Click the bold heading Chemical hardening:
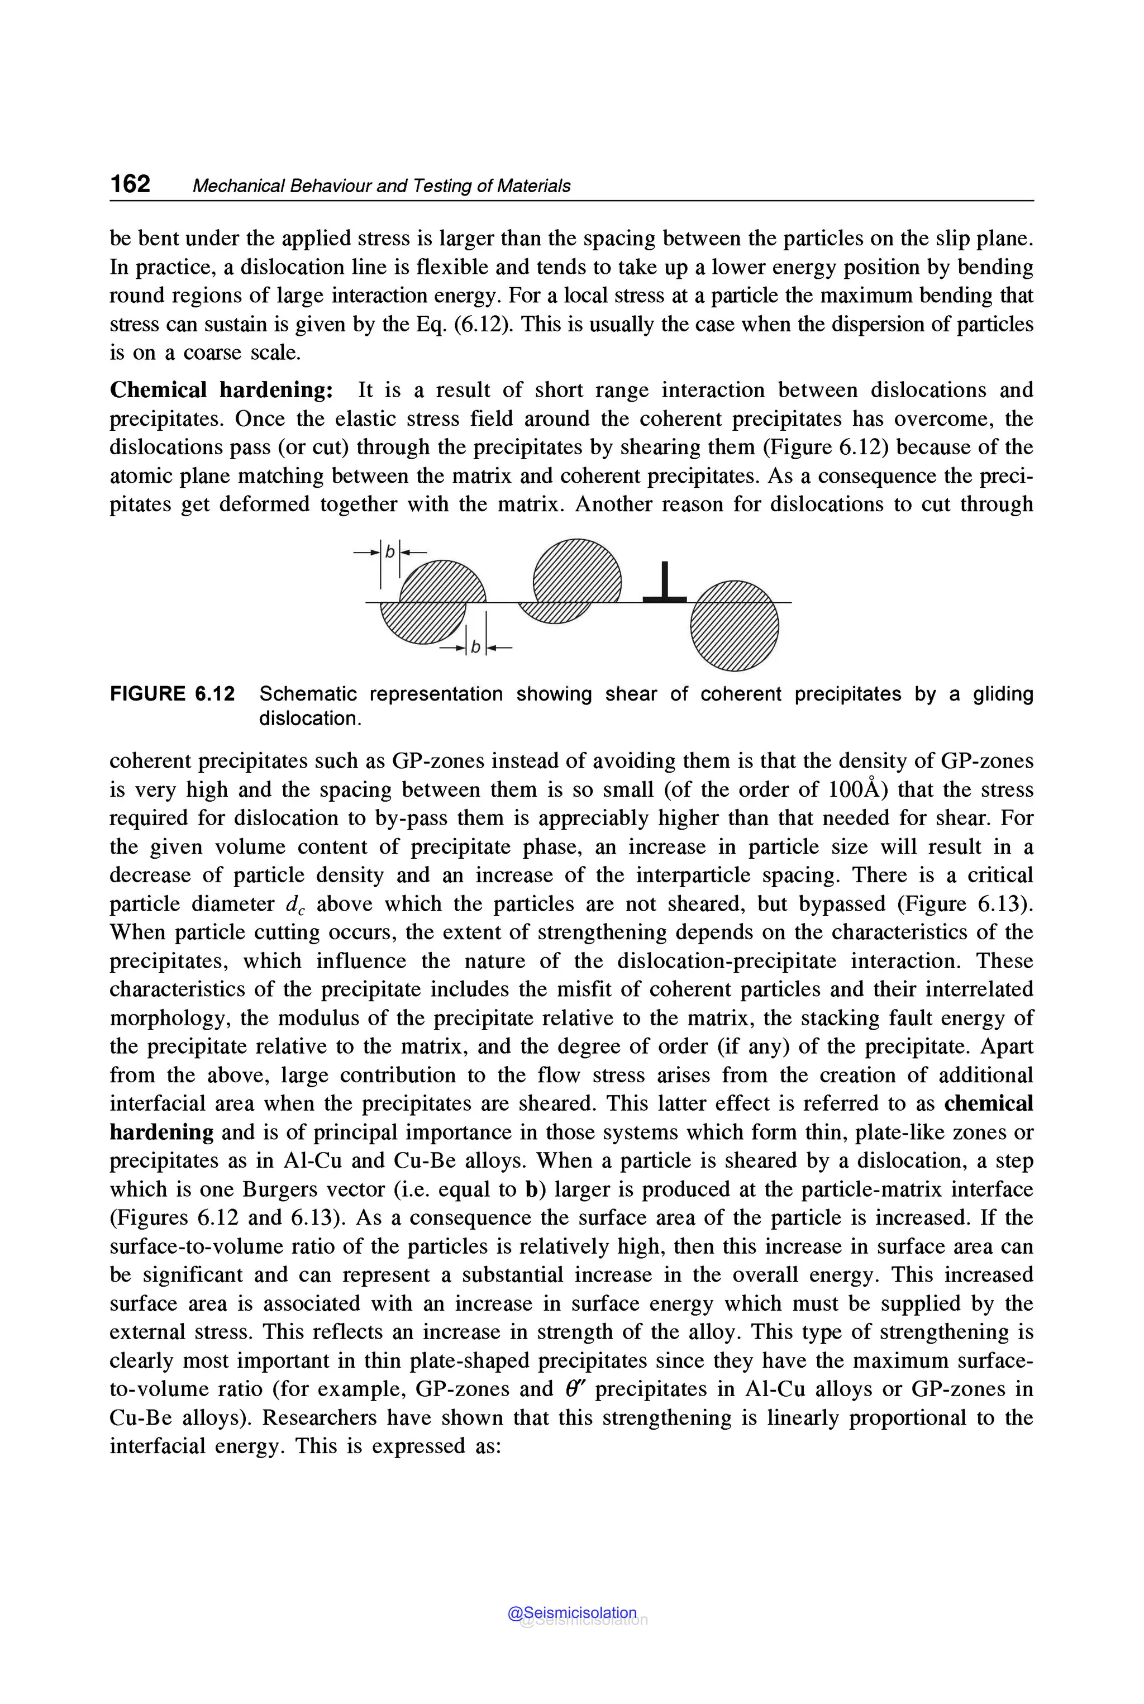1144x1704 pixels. click(x=221, y=390)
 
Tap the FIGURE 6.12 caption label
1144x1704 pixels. click(x=172, y=693)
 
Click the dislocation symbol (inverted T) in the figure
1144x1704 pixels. click(x=664, y=583)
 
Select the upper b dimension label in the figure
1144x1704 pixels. click(x=389, y=551)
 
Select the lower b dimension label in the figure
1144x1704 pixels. click(x=475, y=646)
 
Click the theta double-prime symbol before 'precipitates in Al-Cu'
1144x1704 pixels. click(x=576, y=1389)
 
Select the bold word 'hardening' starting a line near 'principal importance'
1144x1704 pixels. click(x=161, y=1132)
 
